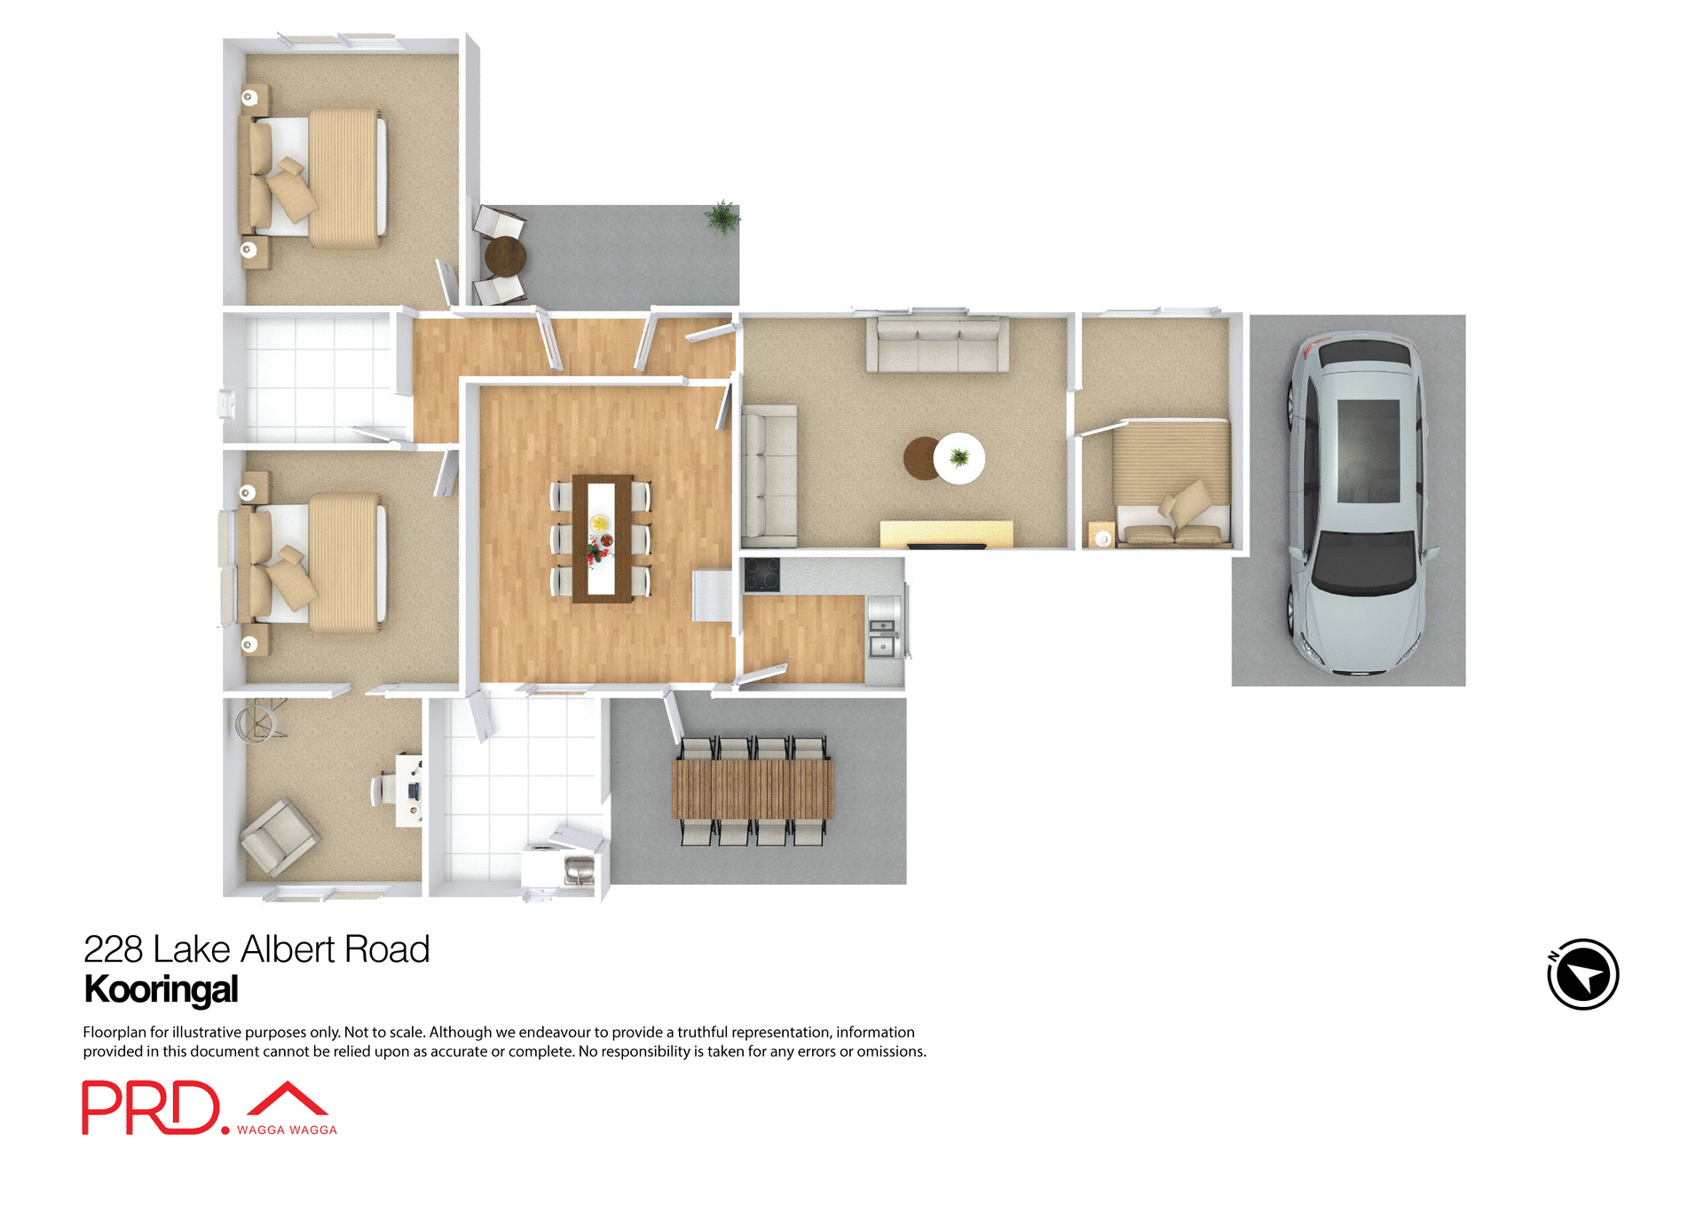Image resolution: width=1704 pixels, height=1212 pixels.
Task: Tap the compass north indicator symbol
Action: click(1582, 974)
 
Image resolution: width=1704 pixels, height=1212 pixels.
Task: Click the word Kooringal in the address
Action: click(161, 989)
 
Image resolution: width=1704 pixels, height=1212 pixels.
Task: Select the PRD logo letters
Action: click(149, 1107)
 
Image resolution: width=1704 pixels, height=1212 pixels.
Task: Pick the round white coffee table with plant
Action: click(959, 458)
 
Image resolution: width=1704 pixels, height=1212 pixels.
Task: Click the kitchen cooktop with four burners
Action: click(761, 575)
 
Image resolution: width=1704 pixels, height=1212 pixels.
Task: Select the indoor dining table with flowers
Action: click(602, 538)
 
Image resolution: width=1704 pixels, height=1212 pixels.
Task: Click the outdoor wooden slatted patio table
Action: click(753, 789)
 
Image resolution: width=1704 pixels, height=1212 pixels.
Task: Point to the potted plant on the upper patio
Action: click(722, 216)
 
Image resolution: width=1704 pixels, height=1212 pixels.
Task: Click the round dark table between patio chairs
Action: click(506, 256)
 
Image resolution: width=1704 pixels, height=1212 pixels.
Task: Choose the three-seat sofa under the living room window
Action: click(937, 344)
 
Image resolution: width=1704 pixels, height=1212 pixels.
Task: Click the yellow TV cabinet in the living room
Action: click(946, 534)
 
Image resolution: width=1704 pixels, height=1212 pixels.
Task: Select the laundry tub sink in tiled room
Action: click(579, 871)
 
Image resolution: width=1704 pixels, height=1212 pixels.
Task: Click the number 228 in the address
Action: click(113, 949)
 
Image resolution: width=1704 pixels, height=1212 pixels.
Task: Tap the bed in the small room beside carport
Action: click(1171, 484)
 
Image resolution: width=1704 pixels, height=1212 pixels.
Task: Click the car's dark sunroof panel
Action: click(1368, 451)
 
